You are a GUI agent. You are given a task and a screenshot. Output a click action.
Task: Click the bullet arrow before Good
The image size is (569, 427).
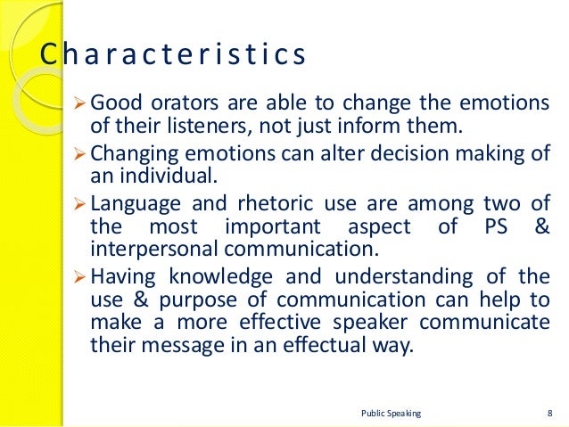[x=76, y=101]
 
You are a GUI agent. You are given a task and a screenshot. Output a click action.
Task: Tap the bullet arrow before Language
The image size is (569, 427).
[x=76, y=202]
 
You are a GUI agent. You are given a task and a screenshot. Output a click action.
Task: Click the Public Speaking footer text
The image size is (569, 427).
[x=391, y=413]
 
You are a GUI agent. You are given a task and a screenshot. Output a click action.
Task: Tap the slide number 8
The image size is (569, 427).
[x=547, y=413]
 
